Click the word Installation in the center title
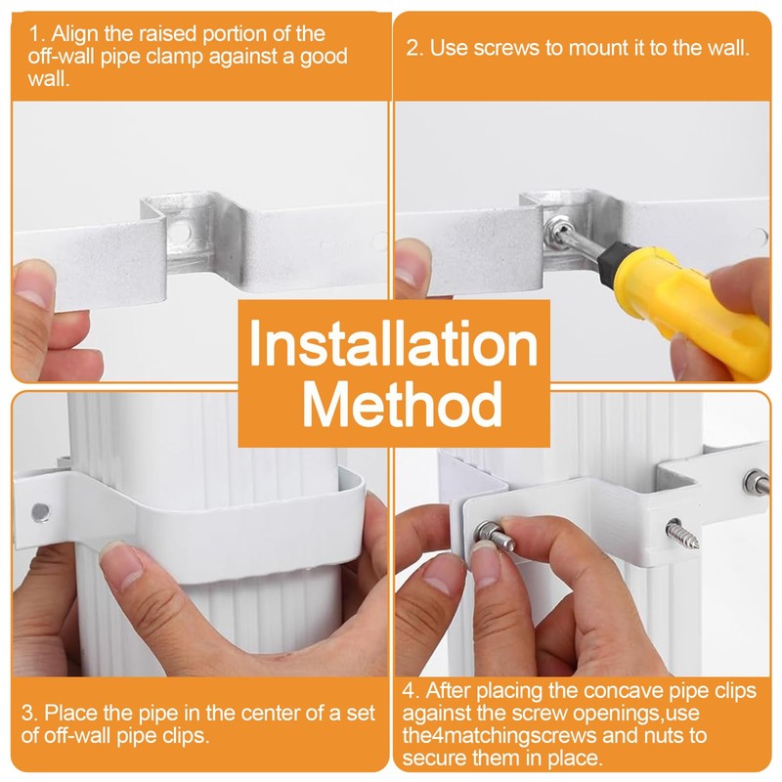pos(394,344)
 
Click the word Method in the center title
pos(402,404)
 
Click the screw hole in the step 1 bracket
pos(183,231)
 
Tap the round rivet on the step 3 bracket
pos(40,511)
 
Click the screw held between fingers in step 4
pos(494,536)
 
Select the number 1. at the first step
pos(37,34)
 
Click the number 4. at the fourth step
pos(411,691)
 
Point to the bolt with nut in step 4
pos(756,484)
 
